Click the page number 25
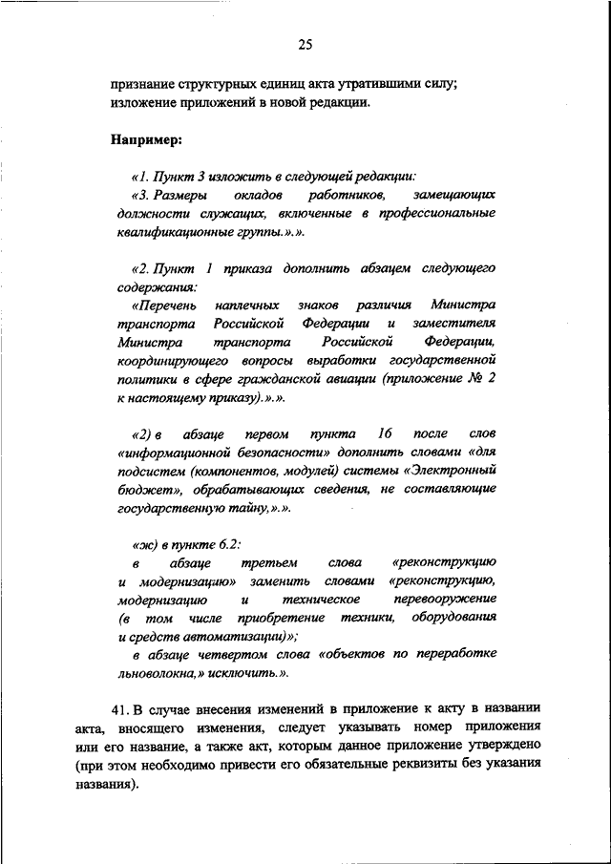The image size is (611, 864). pos(305,44)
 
